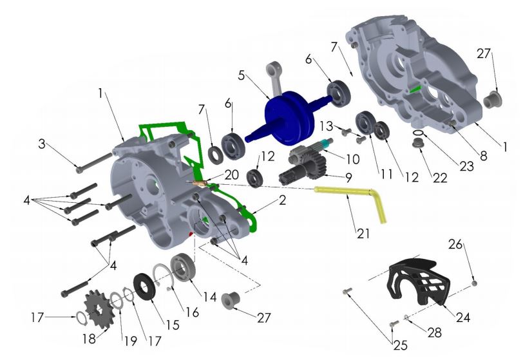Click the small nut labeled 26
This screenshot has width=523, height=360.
point(475,281)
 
